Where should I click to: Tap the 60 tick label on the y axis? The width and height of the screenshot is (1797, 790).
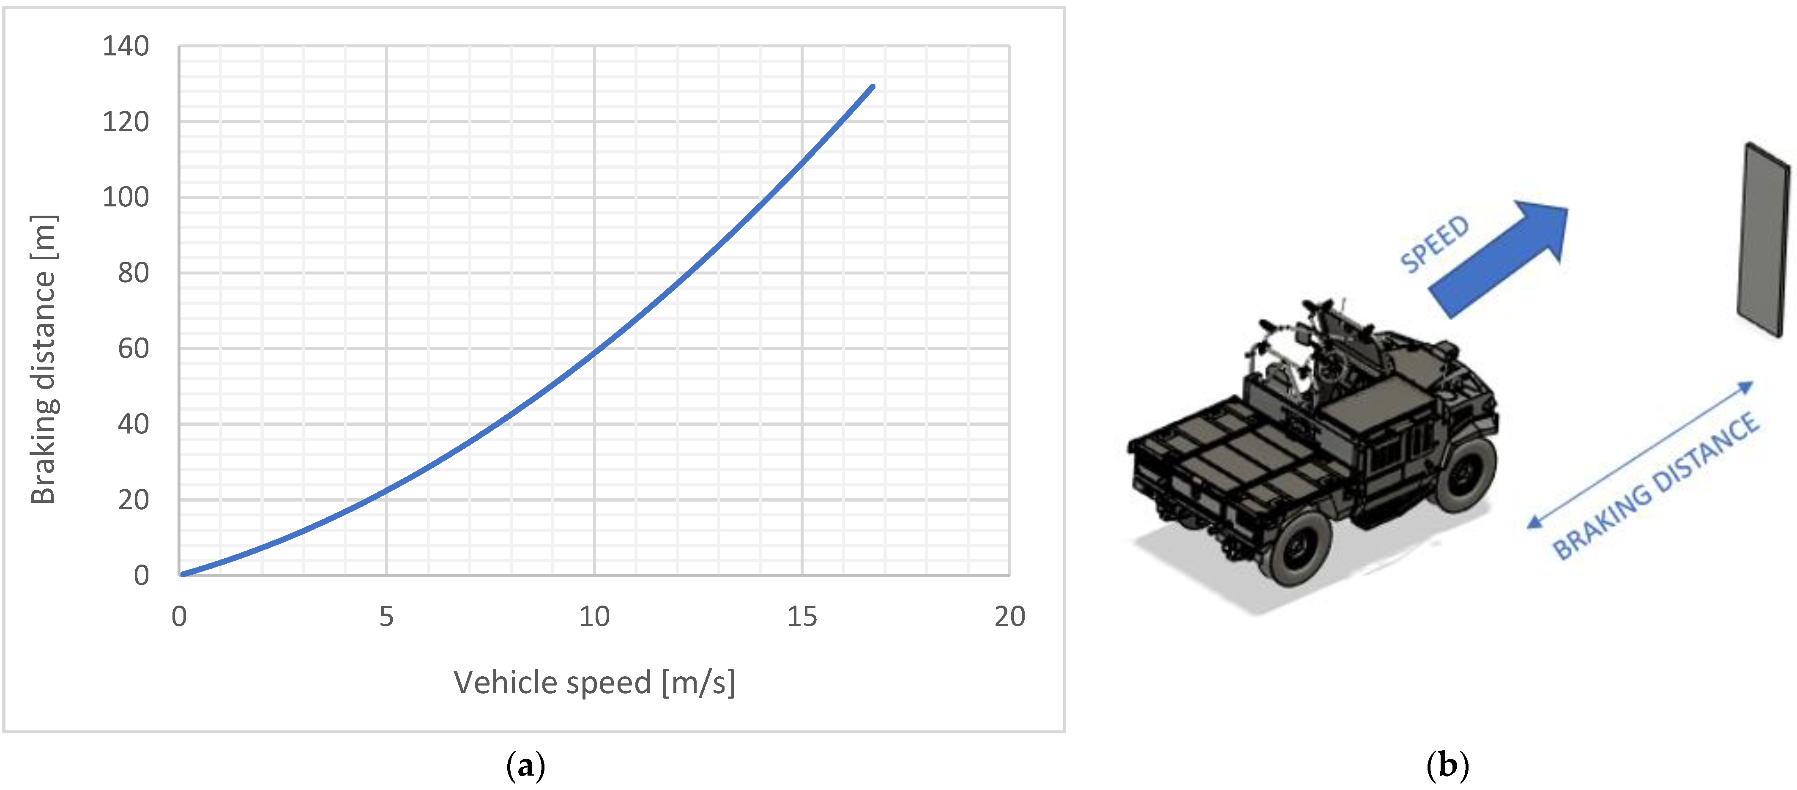pos(133,348)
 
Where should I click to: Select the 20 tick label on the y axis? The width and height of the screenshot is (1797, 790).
pos(133,500)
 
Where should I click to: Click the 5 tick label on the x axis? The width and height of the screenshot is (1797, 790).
pos(386,616)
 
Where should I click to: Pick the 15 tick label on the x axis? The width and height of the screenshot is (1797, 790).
pos(802,616)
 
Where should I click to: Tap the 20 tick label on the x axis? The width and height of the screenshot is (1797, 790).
pos(1009,616)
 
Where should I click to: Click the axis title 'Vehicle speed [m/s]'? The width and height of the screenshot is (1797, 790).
pos(594,683)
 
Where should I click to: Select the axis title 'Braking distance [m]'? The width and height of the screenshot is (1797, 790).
pos(43,359)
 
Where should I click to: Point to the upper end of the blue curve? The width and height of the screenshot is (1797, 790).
pos(873,87)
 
